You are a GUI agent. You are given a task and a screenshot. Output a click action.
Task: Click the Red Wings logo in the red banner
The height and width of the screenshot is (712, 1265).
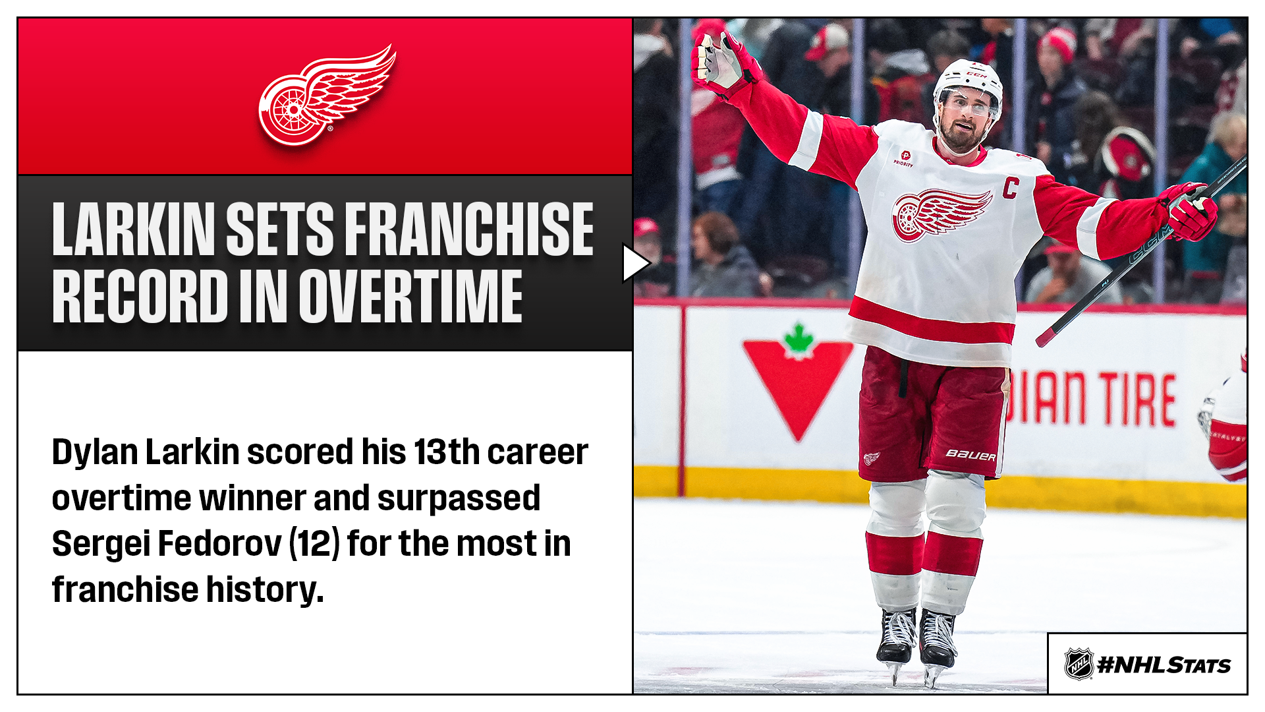[x=327, y=96]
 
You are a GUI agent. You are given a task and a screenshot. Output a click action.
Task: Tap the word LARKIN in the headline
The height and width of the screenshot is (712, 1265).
[x=133, y=229]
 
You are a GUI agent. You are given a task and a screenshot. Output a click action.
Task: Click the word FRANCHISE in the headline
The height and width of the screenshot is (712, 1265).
[x=468, y=229]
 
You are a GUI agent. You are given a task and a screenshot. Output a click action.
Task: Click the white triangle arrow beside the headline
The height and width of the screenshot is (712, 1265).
[x=636, y=264]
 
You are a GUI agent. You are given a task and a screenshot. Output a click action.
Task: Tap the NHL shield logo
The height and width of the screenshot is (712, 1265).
[x=1079, y=664]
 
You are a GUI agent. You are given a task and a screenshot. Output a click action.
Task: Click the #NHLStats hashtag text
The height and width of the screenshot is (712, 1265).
[x=1164, y=665]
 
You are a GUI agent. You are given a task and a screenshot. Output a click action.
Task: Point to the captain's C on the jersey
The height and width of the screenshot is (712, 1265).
[x=1011, y=188]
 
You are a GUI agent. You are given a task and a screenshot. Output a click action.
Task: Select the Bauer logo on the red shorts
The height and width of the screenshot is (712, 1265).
[x=970, y=454]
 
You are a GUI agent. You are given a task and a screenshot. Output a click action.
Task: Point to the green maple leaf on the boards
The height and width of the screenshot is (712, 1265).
[x=799, y=341]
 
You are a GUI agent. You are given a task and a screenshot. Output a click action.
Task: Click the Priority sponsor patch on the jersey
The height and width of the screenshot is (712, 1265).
[x=904, y=158]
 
